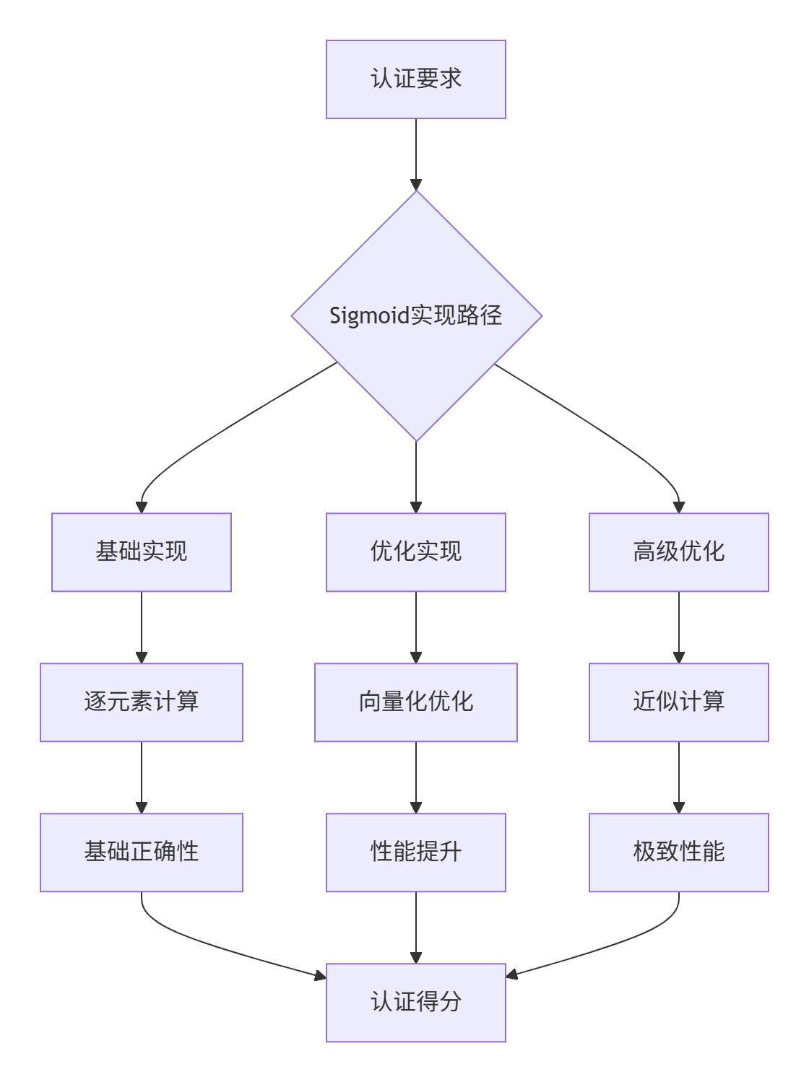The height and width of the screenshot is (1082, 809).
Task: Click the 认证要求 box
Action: point(415,79)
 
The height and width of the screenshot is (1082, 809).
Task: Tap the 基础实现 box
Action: point(142,552)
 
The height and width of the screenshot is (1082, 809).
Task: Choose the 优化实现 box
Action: point(415,552)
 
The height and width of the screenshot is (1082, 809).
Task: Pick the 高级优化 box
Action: point(678,552)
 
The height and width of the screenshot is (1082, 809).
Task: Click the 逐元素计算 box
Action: point(142,702)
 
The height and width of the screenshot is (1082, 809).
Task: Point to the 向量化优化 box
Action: point(415,702)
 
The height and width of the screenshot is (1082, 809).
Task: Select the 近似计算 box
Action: point(678,702)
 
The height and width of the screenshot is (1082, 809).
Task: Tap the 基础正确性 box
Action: point(142,852)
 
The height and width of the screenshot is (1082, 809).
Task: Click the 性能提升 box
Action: point(415,852)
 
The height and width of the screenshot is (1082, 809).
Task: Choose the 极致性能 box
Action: point(678,852)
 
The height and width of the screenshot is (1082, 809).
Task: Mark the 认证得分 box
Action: point(415,1003)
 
